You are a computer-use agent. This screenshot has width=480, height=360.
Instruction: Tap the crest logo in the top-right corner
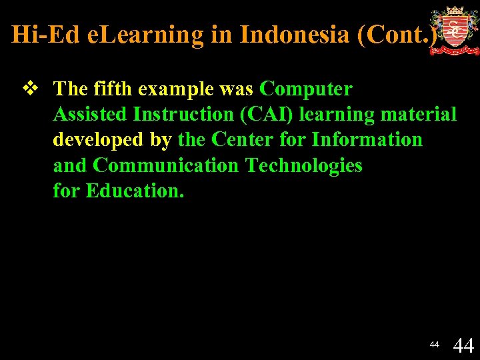click(x=454, y=31)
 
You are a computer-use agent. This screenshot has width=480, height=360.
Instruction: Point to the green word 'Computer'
click(x=306, y=89)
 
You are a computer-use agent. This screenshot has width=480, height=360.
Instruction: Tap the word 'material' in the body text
click(x=419, y=114)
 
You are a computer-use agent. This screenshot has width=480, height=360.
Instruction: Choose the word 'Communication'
click(x=167, y=165)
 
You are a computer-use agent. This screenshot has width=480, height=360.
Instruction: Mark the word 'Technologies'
click(x=303, y=165)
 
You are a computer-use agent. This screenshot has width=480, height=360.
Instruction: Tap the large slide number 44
click(x=463, y=345)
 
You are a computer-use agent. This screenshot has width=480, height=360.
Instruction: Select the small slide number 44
click(x=434, y=345)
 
